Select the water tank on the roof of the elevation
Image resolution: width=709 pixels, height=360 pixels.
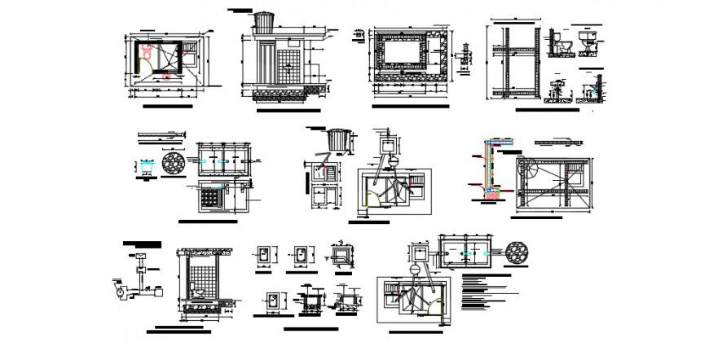click(x=266, y=22)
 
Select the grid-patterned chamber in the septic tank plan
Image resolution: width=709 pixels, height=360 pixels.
click(x=214, y=195)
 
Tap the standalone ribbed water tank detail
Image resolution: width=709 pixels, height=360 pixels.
click(x=335, y=140)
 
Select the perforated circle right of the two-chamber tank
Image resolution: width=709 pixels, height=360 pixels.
click(x=517, y=253)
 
